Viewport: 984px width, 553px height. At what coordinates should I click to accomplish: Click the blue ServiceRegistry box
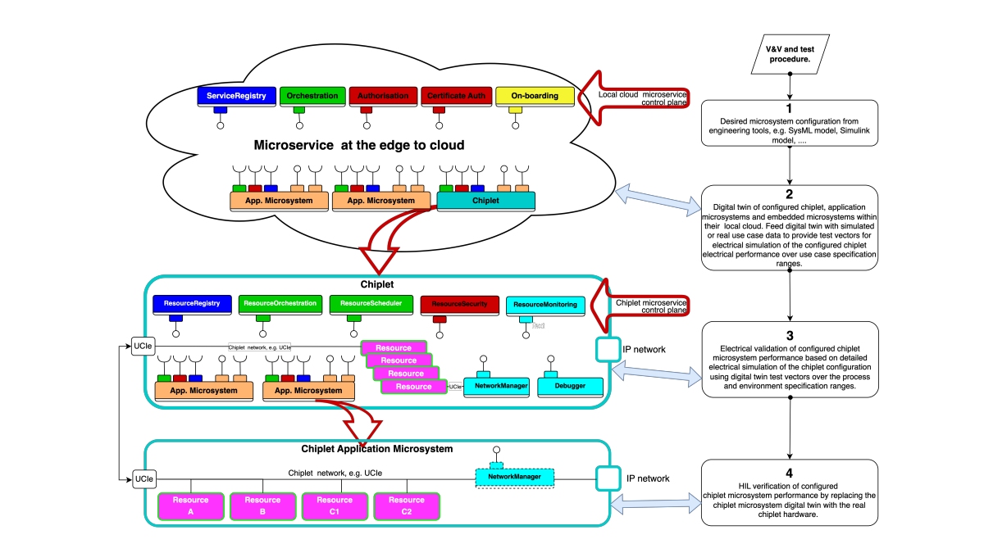[236, 96]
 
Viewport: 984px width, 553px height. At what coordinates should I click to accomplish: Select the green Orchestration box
[312, 96]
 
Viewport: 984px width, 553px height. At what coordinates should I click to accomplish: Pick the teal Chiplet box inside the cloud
[486, 201]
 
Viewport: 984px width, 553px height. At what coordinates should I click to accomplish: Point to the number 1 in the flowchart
[789, 108]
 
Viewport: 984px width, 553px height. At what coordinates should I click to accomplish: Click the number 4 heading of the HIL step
[789, 473]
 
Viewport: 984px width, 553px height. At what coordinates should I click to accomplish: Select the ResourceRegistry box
[192, 304]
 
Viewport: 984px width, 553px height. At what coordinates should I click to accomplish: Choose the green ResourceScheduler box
[366, 304]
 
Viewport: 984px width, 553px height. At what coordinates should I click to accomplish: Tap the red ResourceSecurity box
[453, 304]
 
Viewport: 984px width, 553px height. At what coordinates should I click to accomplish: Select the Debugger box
[571, 387]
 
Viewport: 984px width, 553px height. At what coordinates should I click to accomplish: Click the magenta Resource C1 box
[335, 505]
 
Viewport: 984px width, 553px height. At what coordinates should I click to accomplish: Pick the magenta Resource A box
[190, 505]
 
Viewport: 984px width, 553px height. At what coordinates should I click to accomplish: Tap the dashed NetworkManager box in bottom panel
[515, 476]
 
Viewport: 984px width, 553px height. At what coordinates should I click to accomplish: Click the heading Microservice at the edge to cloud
[359, 145]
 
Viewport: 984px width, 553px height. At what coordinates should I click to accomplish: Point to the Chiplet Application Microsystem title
[377, 449]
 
